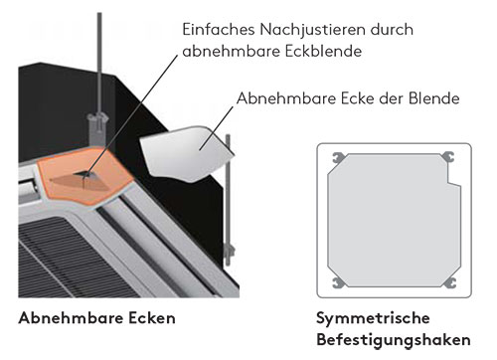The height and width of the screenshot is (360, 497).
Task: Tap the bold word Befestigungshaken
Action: tap(394, 340)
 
